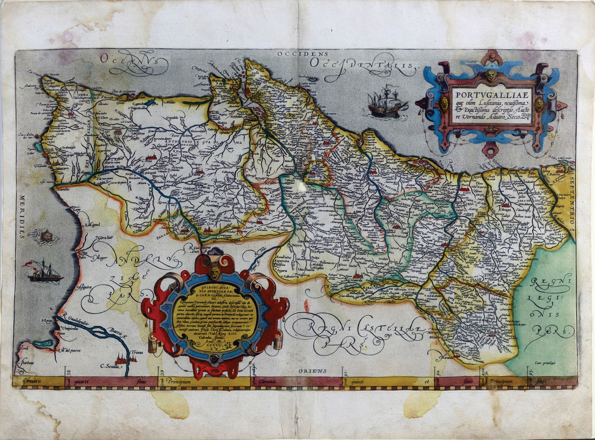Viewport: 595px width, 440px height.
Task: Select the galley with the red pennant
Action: [x=44, y=273]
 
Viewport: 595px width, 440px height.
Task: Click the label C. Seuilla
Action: [x=111, y=366]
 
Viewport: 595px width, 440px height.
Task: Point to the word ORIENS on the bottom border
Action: [x=312, y=371]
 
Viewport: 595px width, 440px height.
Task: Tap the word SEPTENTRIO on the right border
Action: [x=571, y=201]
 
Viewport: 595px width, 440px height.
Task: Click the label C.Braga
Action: [x=506, y=210]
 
